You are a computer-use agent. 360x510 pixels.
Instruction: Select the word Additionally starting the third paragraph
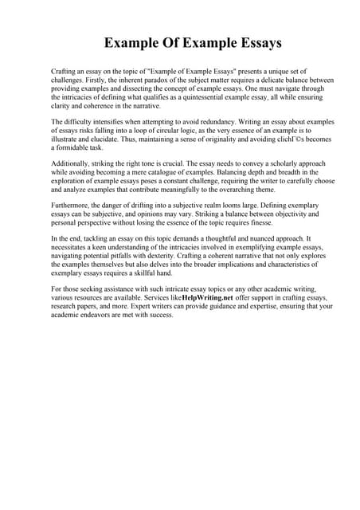pos(72,164)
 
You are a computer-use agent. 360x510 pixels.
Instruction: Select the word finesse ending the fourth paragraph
pos(260,223)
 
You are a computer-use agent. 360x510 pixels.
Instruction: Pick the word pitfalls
pos(130,257)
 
